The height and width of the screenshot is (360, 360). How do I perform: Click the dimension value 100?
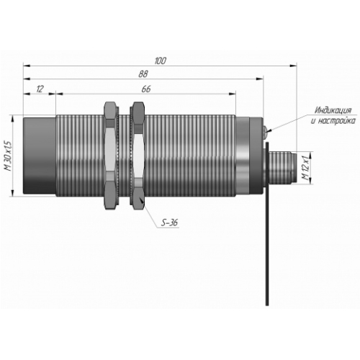point(160,60)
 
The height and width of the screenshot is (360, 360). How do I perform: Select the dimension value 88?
point(143,74)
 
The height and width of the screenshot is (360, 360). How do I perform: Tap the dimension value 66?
point(146,89)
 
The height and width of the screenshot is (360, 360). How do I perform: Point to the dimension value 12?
point(40,89)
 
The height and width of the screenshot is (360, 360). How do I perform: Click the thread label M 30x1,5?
point(9,156)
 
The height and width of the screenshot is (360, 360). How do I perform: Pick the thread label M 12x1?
point(306,168)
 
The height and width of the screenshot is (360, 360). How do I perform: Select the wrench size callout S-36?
point(169,223)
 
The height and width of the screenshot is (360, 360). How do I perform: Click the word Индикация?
point(333,110)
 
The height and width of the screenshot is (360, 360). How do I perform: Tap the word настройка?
point(337,121)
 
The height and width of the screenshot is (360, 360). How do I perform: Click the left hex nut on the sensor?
point(110,156)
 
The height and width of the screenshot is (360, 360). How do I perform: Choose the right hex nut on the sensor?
point(138,156)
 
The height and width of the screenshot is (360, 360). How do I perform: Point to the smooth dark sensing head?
point(40,156)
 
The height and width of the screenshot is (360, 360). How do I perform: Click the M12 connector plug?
point(283,168)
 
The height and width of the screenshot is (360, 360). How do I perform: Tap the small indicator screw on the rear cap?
point(265,132)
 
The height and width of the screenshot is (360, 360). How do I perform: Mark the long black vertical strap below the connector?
point(267,224)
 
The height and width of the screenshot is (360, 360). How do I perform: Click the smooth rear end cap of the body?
point(250,156)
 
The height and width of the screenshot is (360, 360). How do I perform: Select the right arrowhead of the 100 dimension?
point(294,66)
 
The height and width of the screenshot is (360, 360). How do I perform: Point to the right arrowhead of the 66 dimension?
point(232,94)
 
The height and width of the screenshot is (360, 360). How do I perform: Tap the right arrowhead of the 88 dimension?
point(260,79)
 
